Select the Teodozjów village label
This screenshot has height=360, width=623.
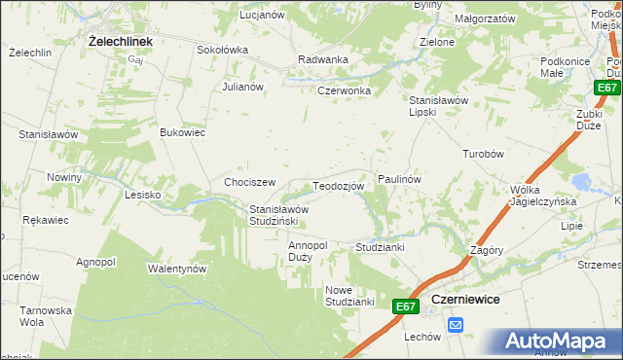(339, 185)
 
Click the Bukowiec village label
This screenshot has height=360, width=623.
(183, 132)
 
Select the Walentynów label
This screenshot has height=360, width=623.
(178, 268)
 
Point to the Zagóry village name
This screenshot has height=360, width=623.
(486, 249)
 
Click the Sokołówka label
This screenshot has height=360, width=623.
(223, 50)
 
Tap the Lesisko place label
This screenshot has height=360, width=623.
(142, 195)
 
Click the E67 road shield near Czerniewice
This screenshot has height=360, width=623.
(407, 307)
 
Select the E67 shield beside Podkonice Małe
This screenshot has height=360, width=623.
(607, 89)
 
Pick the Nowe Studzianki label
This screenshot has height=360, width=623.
(350, 296)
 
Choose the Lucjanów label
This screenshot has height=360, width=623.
(262, 16)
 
